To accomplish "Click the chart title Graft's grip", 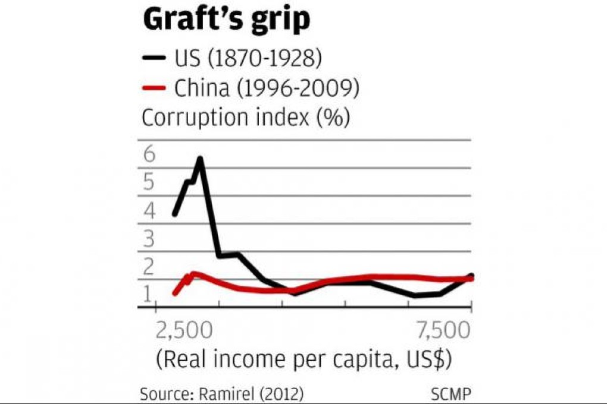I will tap(226, 20).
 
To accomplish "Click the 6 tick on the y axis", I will tap(149, 154).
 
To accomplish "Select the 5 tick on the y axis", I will tap(149, 182).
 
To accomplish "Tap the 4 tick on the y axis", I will tap(149, 210).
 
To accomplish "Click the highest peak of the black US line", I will tap(200, 159).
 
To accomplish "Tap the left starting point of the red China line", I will tap(174, 293).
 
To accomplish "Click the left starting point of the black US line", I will tap(174, 214).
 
